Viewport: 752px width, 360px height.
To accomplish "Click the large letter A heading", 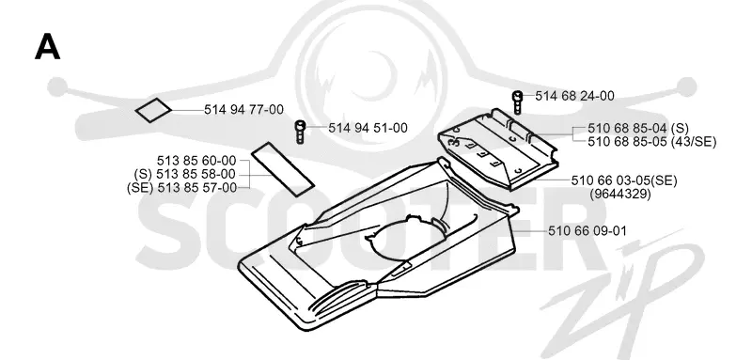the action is click(48, 48).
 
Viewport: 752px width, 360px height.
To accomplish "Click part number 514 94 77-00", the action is click(243, 110).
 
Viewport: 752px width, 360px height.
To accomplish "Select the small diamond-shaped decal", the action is click(153, 111).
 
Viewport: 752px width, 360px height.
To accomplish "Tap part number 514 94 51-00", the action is click(368, 128).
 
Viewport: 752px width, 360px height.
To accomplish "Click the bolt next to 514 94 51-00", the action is click(300, 133).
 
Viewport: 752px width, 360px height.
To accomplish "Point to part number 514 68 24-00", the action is click(574, 96).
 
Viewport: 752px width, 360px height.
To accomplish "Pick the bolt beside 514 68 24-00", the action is click(518, 102).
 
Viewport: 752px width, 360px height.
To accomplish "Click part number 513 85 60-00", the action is click(196, 160).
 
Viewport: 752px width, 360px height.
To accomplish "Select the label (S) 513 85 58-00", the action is click(185, 174).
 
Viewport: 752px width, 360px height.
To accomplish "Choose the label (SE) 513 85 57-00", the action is click(181, 187).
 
